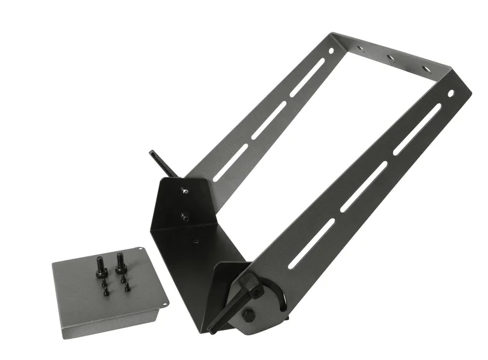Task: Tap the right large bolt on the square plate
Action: tap(119, 262)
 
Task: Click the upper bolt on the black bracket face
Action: tap(184, 190)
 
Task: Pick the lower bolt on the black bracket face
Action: tap(186, 217)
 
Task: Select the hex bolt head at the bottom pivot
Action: tap(248, 315)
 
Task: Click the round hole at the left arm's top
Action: tap(331, 51)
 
